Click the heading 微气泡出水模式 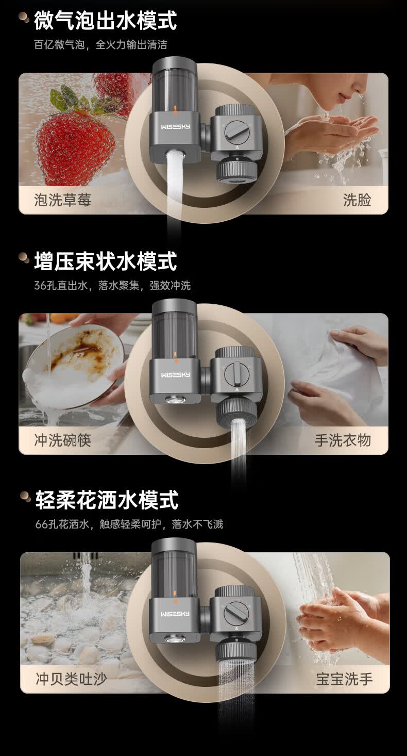(106, 20)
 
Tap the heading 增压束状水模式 (106, 261)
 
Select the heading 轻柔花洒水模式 (107, 500)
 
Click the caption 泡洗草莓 (62, 200)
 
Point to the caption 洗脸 (357, 200)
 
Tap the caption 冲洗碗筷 (62, 440)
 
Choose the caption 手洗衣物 (343, 440)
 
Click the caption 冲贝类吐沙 (71, 679)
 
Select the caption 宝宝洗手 (344, 679)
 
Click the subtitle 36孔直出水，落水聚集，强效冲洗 (112, 286)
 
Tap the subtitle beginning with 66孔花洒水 (129, 524)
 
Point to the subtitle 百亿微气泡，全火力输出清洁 (100, 44)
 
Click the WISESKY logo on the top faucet (175, 127)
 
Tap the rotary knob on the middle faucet (236, 373)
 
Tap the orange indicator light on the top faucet (175, 108)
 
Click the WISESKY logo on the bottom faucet (175, 614)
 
